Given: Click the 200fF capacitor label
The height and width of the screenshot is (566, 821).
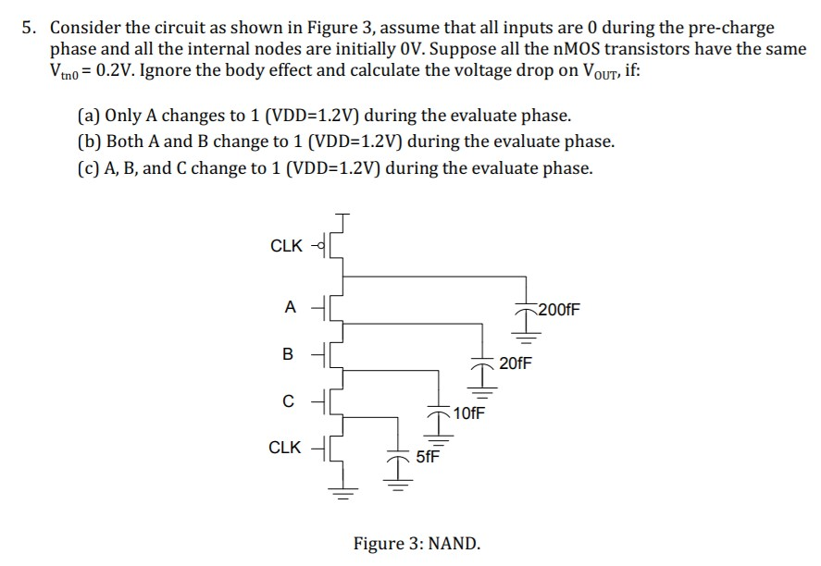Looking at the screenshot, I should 559,310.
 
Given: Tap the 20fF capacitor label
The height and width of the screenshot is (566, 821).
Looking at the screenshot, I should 516,363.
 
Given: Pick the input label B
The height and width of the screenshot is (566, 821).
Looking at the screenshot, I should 288,354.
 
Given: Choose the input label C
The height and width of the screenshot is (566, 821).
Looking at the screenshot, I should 289,400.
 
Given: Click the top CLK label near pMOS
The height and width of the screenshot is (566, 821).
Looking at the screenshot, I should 286,245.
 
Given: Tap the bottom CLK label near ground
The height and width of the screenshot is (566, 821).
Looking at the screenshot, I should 284,448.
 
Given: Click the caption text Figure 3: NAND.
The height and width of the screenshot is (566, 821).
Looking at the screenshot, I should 417,543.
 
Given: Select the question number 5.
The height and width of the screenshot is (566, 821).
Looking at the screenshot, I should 30,28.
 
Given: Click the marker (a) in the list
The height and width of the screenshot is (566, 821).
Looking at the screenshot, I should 89,117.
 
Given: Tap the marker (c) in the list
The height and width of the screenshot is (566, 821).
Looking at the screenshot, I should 89,167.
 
